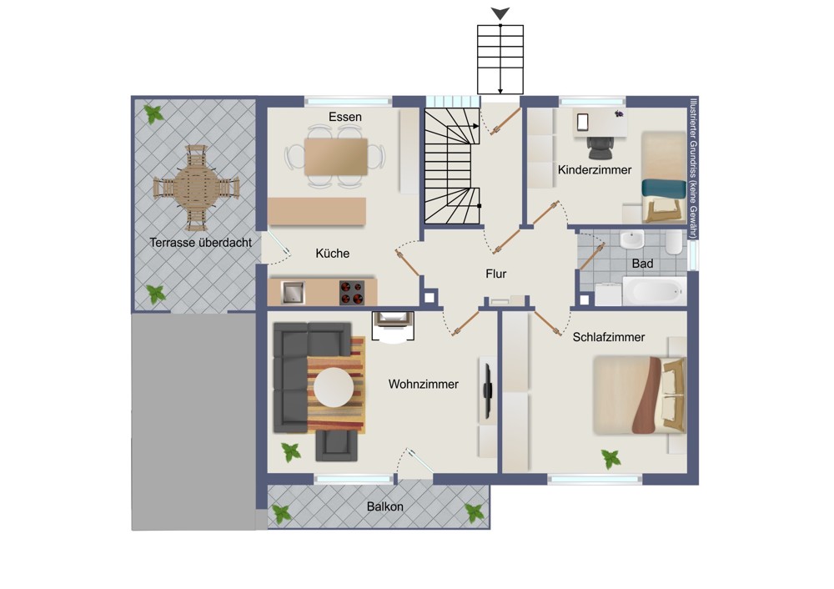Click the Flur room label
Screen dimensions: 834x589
pos(495,274)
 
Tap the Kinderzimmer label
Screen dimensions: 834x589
pos(594,169)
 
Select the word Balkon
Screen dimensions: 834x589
pos(384,506)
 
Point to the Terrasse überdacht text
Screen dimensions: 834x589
pos(200,243)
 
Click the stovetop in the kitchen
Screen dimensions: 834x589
pos(352,293)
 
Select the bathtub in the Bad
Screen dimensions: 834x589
pos(654,290)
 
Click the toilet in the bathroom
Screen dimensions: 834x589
pos(673,242)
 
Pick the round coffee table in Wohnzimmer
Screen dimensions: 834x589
pos(334,387)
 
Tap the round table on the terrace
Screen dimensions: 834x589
pos(196,188)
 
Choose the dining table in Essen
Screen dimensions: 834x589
pos(335,157)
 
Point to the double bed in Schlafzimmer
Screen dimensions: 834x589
pos(640,395)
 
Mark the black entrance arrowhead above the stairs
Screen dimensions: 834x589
pos(500,13)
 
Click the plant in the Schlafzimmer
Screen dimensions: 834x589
pos(610,458)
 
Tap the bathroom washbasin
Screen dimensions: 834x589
pos(632,239)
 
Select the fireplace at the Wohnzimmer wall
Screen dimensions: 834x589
pos(393,325)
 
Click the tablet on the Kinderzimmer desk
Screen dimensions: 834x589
pos(582,122)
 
